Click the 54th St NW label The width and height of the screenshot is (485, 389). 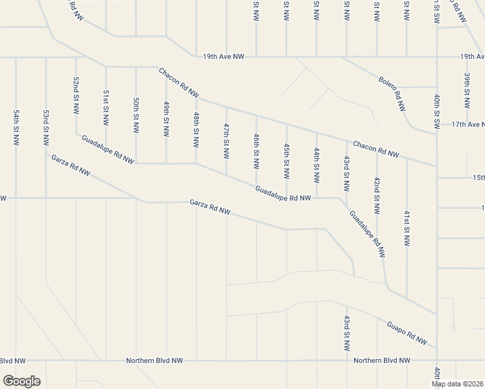(16, 127)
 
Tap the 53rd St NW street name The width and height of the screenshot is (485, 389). (46, 127)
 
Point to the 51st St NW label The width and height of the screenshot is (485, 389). (106, 108)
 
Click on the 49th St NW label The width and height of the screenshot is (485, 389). (166, 118)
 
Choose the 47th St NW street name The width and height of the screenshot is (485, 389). (226, 141)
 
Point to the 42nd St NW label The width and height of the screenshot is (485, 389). (376, 196)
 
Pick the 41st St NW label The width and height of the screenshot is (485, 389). (407, 228)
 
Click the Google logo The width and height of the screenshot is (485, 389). (21, 381)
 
